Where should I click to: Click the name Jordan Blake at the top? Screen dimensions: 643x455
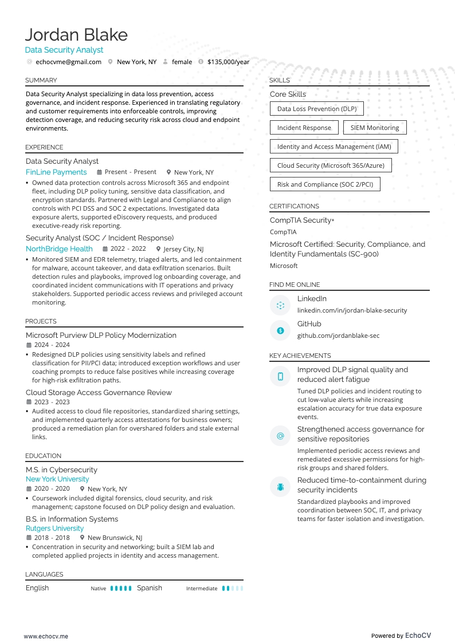pos(76,35)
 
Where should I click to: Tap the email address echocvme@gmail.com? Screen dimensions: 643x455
pos(68,62)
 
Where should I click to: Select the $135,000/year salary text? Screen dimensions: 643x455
pos(228,62)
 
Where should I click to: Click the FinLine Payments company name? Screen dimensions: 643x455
pos(56,172)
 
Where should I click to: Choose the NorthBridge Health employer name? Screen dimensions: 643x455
pos(59,249)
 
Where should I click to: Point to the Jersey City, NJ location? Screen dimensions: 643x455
pos(183,249)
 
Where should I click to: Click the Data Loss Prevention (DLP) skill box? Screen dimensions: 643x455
pos(316,109)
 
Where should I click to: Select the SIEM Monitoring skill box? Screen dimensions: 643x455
pos(375,128)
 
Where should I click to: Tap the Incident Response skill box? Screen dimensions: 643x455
pos(304,128)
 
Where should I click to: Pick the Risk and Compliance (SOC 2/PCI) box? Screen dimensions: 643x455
pos(325,184)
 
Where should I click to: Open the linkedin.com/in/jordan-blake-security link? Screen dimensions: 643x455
pos(352,310)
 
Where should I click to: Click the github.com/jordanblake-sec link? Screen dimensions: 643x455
pos(338,336)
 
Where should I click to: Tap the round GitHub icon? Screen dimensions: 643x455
pos(280,330)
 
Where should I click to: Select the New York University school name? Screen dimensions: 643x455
pos(57,479)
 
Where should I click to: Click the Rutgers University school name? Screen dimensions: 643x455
pos(54,528)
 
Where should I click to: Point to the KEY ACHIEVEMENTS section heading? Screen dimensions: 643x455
pos(300,356)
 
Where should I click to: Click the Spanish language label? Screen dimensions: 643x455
pos(149,588)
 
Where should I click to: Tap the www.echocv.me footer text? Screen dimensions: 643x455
pos(46,636)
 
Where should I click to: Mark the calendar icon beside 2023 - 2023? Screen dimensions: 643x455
pos(29,402)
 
